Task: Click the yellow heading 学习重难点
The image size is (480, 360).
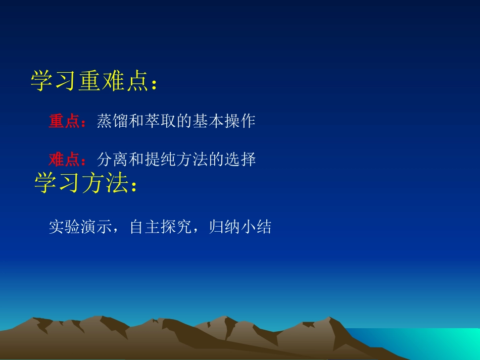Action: click(90, 81)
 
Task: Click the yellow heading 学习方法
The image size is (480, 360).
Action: click(81, 183)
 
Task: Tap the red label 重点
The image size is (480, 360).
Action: click(64, 122)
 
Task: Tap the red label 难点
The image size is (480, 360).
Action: click(64, 160)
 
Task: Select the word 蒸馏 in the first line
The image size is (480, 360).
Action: click(112, 122)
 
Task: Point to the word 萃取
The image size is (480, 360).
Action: click(160, 122)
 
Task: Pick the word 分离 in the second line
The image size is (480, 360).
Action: click(112, 160)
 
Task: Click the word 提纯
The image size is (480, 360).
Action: click(160, 160)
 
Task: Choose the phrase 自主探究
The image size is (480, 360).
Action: click(160, 227)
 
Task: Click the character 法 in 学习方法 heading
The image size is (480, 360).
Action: click(117, 183)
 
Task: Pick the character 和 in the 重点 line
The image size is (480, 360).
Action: click(136, 122)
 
